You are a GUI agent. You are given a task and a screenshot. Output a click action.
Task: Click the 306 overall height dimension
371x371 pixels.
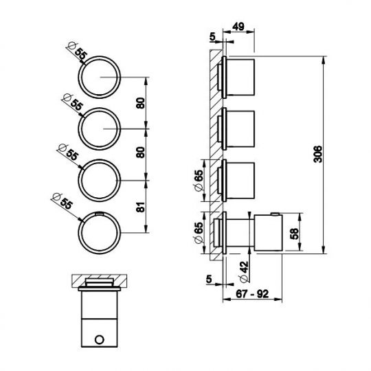point(318,155)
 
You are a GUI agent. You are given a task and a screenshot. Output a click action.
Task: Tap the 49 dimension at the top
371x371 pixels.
point(238,26)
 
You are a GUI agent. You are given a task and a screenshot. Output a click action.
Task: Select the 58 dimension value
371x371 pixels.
point(294,234)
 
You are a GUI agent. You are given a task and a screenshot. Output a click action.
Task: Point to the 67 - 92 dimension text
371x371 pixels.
point(252,294)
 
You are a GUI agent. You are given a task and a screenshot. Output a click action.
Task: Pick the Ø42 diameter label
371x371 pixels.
point(245,271)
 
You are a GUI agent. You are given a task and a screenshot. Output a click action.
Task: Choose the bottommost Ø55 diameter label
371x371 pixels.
point(62,201)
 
